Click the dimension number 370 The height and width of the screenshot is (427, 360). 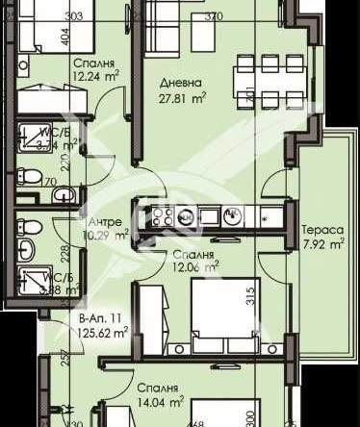click(x=214, y=16)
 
